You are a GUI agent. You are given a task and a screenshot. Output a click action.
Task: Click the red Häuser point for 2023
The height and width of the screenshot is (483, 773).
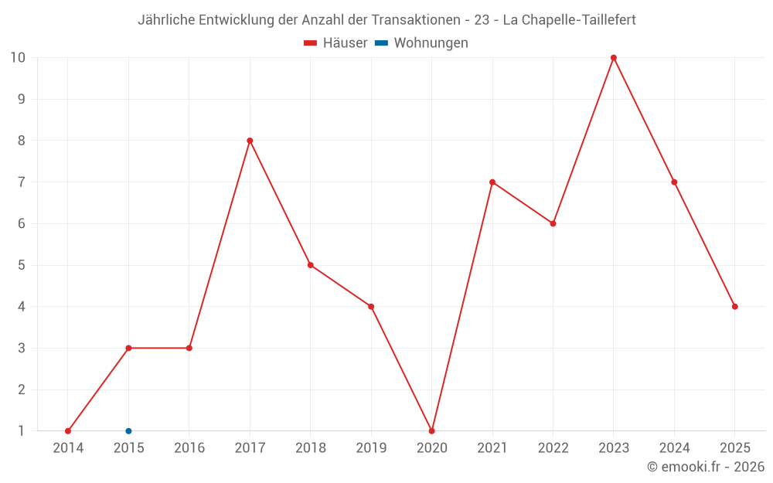(614, 58)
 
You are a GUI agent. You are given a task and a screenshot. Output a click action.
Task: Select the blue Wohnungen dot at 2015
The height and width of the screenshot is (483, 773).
(128, 431)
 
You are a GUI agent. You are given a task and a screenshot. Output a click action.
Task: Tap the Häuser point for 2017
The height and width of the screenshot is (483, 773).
(250, 141)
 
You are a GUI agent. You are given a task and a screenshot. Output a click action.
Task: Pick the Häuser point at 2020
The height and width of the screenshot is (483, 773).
(432, 431)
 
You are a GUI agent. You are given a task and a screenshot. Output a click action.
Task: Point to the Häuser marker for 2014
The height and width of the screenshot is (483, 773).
(68, 431)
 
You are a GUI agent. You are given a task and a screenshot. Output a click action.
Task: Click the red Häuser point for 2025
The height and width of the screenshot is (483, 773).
(734, 307)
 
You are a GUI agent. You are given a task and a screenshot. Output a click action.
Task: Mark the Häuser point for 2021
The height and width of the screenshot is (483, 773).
(492, 182)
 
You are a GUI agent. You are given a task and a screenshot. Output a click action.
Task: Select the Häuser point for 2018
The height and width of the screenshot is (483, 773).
(311, 265)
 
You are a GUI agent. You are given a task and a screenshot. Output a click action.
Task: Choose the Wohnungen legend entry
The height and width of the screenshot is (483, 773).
(431, 43)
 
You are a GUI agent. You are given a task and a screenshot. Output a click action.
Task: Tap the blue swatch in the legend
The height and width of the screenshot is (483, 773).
(381, 43)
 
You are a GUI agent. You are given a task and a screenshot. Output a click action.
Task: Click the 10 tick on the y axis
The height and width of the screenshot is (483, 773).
(18, 58)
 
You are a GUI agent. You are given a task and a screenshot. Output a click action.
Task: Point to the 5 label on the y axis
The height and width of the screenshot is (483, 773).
(22, 265)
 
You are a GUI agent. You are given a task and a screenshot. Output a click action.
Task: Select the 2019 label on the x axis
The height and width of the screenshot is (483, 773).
(371, 448)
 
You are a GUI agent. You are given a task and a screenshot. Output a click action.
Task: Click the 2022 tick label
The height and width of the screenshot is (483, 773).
(553, 448)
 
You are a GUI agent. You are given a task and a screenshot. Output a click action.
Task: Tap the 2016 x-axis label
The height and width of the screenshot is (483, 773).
(189, 448)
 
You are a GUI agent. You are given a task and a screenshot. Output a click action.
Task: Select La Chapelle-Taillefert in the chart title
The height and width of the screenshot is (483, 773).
(569, 20)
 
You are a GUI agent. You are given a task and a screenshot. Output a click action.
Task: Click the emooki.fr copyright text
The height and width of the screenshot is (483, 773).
(706, 467)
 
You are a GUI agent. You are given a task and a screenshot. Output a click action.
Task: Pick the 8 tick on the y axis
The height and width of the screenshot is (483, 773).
(22, 141)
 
